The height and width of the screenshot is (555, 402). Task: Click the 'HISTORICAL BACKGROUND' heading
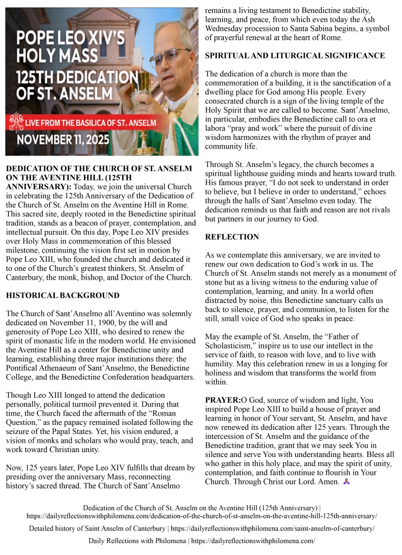tap(62, 295)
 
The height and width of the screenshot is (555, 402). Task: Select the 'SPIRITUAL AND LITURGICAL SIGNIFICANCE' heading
tap(295, 56)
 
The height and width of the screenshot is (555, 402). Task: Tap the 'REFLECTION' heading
tap(232, 237)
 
